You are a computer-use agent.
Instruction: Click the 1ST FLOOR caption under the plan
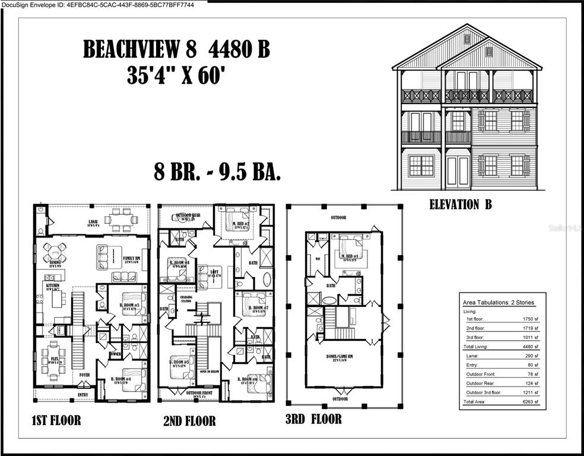click(x=56, y=421)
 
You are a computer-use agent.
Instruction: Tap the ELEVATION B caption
click(x=460, y=205)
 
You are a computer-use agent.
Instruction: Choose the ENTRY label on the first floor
click(x=83, y=394)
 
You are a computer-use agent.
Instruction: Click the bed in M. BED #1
click(x=350, y=248)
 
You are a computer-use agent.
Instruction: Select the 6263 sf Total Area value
click(x=529, y=402)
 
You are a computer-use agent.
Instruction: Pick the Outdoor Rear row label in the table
click(x=484, y=383)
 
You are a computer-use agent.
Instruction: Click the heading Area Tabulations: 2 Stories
click(x=498, y=302)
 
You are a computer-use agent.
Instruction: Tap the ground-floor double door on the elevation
click(x=458, y=170)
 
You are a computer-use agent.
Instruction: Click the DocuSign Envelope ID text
click(x=103, y=5)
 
